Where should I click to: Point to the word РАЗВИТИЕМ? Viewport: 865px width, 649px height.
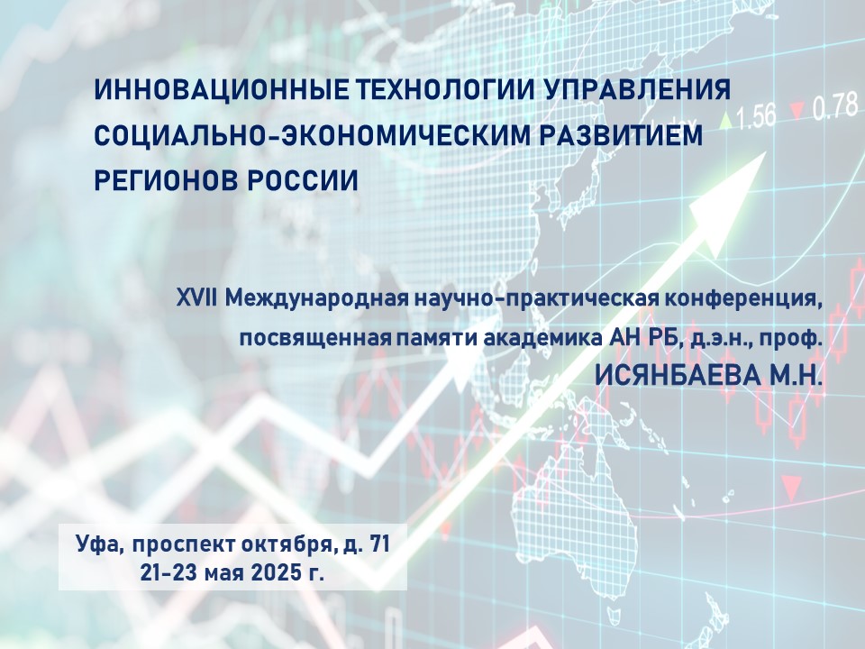coord(621,136)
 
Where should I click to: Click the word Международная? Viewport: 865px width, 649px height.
coord(316,301)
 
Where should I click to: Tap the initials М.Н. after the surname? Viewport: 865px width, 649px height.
coord(793,376)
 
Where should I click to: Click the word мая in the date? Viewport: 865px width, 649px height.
coord(224,574)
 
